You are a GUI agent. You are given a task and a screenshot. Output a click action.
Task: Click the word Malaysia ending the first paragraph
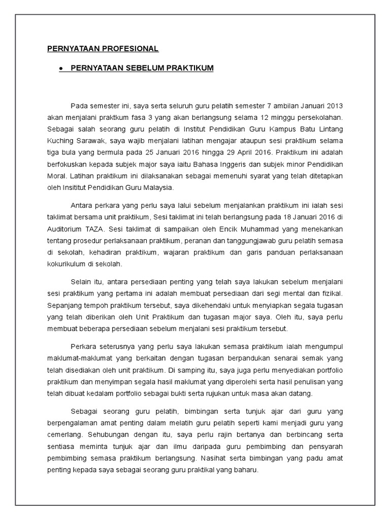point(158,187)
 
